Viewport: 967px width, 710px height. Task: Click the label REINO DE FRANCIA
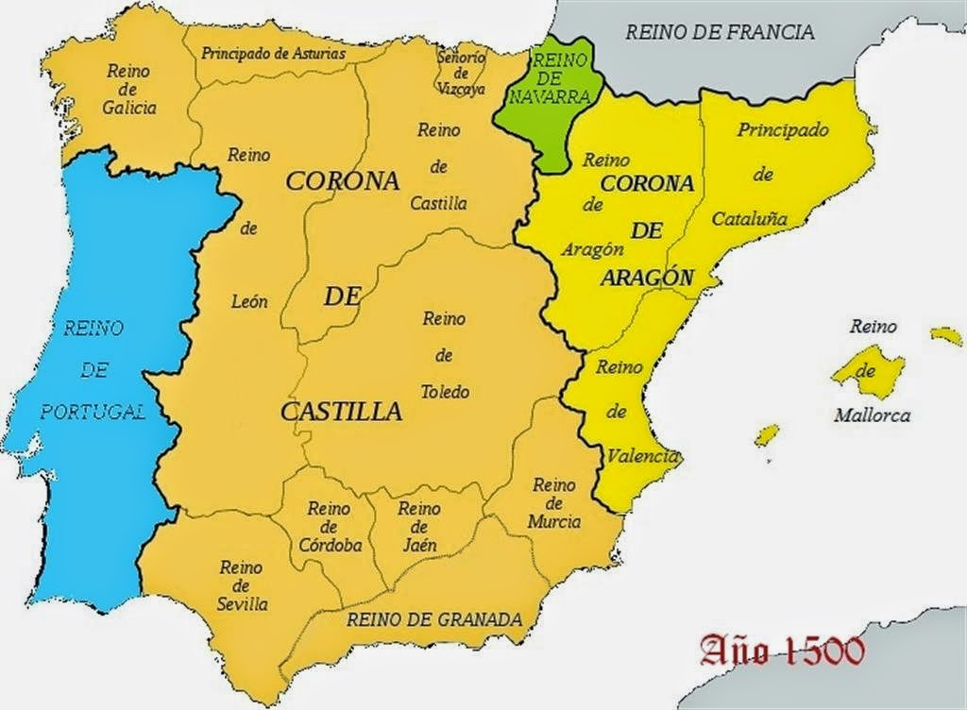coord(720,32)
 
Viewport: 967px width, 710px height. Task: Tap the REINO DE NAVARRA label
coord(549,77)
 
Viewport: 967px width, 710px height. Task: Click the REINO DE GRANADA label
coord(434,620)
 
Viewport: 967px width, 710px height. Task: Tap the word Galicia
coord(129,108)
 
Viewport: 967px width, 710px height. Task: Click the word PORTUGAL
coord(93,411)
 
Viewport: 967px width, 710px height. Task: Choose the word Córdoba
coord(329,545)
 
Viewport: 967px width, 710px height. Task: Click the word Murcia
coord(554,521)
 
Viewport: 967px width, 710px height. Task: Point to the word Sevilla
coord(242,604)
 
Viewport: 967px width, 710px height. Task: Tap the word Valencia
coord(643,457)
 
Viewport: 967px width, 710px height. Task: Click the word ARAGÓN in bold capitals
coord(647,279)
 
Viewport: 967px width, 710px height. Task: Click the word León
coord(249,302)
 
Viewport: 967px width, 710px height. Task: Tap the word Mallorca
coord(872,414)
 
